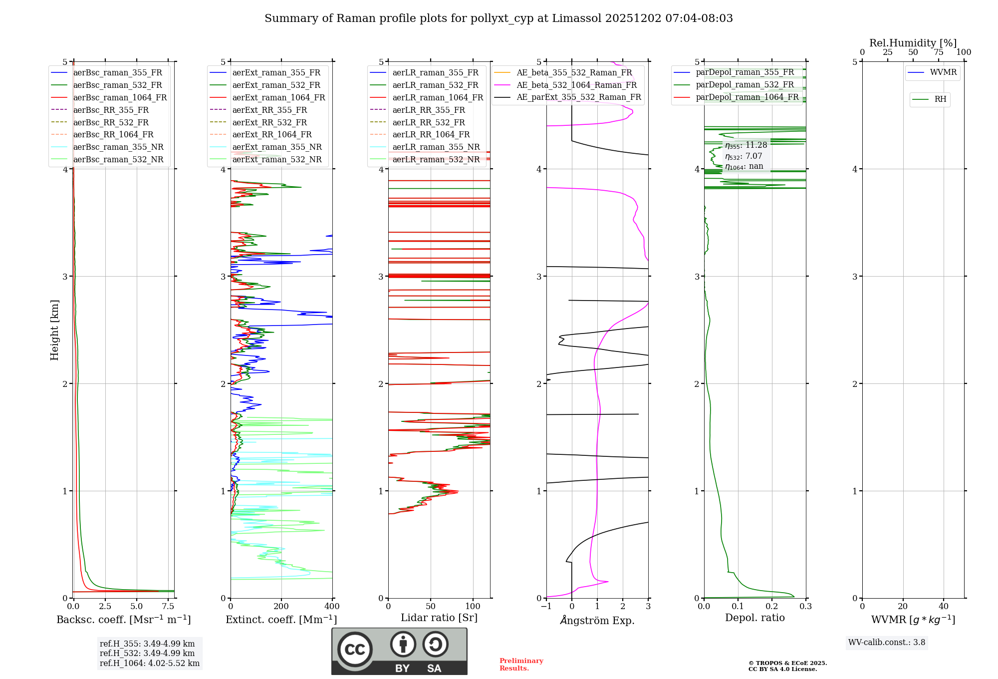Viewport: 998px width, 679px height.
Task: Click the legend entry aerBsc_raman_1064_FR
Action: click(x=120, y=98)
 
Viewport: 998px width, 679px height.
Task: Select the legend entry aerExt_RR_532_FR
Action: click(x=269, y=123)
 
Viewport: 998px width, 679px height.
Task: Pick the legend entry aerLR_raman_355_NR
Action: click(x=436, y=147)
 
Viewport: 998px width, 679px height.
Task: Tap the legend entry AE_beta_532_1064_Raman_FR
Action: click(x=576, y=85)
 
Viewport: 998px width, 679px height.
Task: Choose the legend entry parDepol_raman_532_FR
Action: click(x=745, y=85)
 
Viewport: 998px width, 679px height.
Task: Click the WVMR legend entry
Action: click(x=943, y=73)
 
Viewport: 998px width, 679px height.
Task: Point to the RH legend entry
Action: click(x=940, y=99)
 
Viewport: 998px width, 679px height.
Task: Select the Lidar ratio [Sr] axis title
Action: click(x=439, y=618)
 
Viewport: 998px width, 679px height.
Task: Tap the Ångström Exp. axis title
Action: click(x=597, y=621)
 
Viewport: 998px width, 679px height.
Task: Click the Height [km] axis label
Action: click(x=54, y=330)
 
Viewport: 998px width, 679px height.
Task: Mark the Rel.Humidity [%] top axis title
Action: click(x=913, y=43)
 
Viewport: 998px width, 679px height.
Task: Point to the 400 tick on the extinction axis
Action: click(x=332, y=607)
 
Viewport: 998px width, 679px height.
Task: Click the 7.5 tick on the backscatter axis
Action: click(x=168, y=607)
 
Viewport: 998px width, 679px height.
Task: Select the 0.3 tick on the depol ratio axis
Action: click(x=805, y=607)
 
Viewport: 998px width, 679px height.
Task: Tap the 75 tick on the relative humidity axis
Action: click(x=939, y=52)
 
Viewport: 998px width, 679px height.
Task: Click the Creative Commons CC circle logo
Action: click(x=355, y=649)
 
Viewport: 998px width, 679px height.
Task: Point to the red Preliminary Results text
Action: click(x=521, y=665)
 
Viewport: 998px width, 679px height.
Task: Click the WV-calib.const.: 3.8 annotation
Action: click(x=886, y=643)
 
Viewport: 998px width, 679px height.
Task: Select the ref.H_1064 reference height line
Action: click(x=149, y=664)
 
